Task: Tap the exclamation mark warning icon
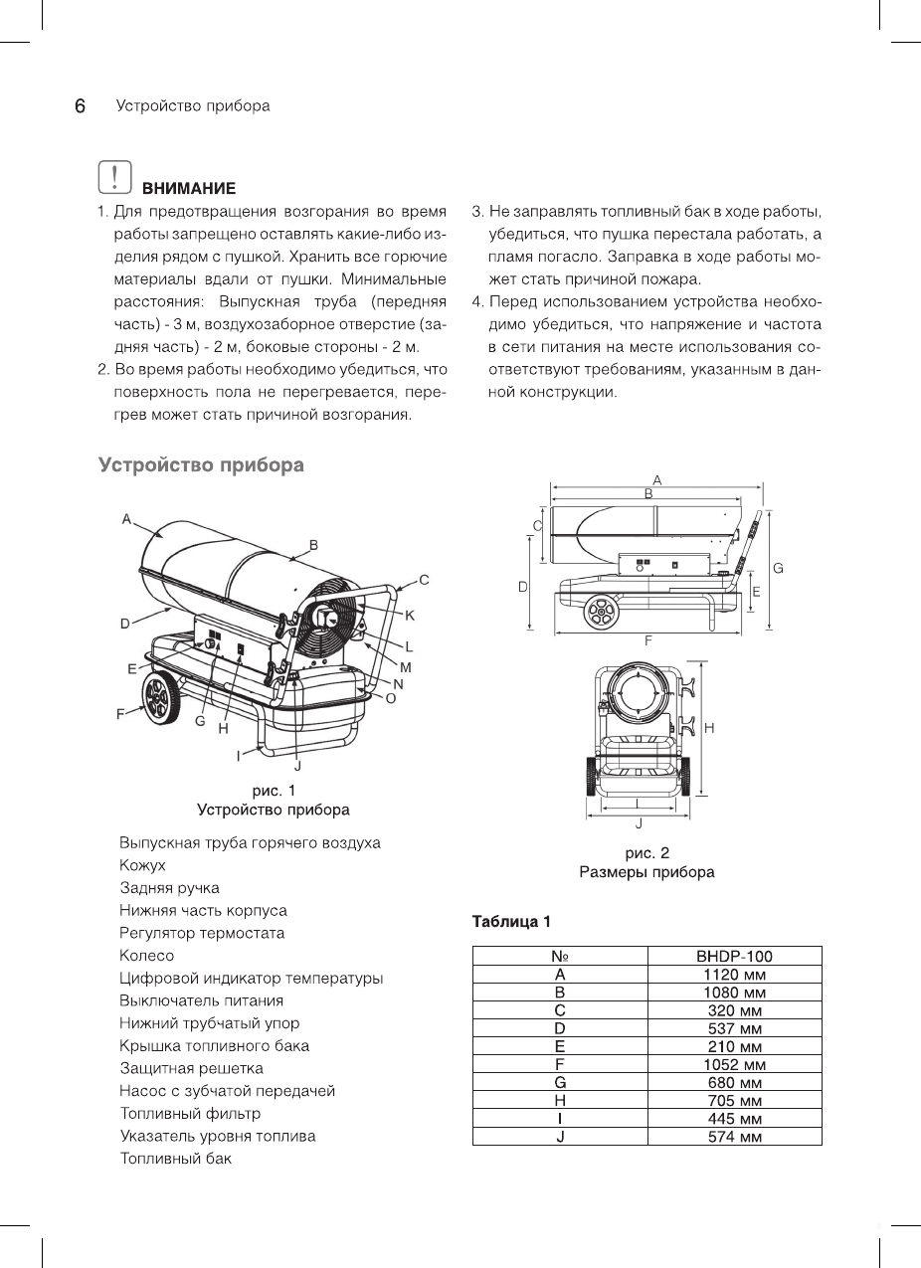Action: tap(115, 177)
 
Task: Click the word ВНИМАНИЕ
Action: tap(188, 188)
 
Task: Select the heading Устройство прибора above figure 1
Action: tap(201, 464)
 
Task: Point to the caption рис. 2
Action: tap(646, 853)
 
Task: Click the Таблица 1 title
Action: tap(511, 921)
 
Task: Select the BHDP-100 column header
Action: tap(734, 957)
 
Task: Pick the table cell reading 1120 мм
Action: tap(734, 975)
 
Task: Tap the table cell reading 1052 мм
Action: tap(734, 1064)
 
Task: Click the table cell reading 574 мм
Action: tap(734, 1136)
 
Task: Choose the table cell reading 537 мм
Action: tap(734, 1028)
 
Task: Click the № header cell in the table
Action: tap(560, 957)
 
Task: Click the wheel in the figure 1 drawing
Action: tap(160, 702)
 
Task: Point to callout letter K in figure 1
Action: tap(410, 616)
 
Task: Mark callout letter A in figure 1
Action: tap(126, 518)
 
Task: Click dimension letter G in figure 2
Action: tap(778, 568)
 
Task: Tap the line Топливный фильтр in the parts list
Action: tap(190, 1113)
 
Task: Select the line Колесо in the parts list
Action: tap(146, 956)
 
